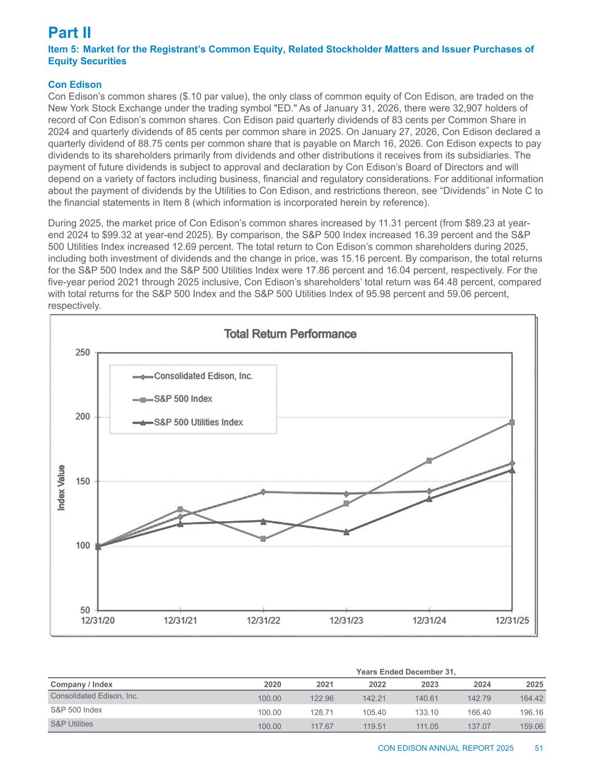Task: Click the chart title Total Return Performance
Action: point(291,334)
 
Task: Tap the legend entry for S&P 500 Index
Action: point(183,399)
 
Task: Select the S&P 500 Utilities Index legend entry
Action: point(198,422)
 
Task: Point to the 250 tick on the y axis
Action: point(83,353)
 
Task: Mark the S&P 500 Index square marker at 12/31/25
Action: point(512,422)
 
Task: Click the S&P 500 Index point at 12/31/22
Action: point(263,539)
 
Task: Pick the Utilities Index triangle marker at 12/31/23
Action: point(346,531)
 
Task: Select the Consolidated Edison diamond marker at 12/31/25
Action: point(512,463)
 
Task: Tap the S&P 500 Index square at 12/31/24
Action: point(429,460)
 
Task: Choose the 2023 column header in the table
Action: point(429,684)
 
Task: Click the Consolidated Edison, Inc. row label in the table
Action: point(95,696)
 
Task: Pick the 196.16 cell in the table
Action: point(532,712)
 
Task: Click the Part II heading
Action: point(69,31)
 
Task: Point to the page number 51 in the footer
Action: point(539,748)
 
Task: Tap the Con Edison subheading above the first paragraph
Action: point(75,85)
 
